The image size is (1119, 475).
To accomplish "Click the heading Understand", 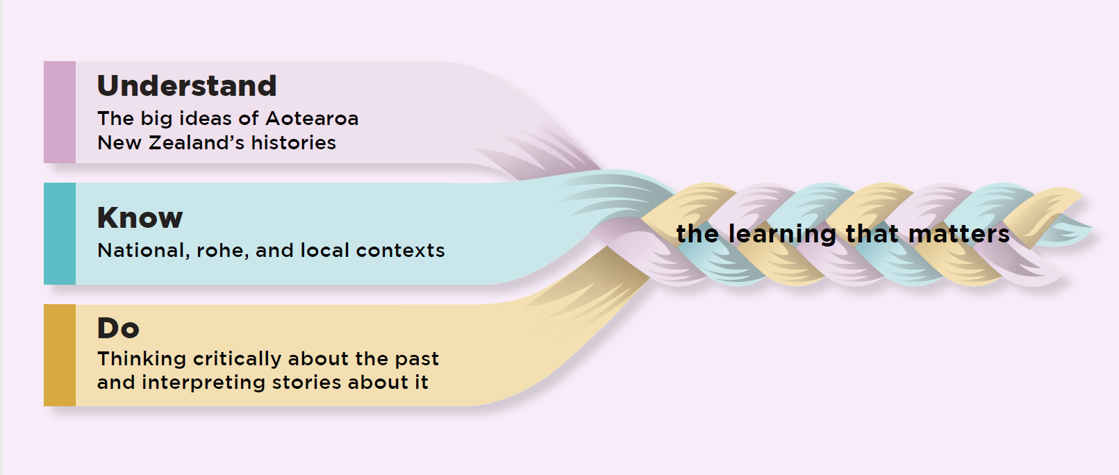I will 187,86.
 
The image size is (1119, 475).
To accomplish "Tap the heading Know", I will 140,218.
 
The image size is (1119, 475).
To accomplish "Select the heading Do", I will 118,328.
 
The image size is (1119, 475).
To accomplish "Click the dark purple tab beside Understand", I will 60,112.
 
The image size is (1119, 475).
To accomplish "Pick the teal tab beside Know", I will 60,233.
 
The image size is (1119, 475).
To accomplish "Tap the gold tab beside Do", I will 60,355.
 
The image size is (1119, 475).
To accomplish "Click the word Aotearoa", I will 312,119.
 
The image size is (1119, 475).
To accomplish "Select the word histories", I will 293,143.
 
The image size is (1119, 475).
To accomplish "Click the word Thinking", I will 142,359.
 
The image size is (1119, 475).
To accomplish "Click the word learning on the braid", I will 783,235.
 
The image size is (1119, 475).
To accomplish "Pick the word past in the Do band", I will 417,360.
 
